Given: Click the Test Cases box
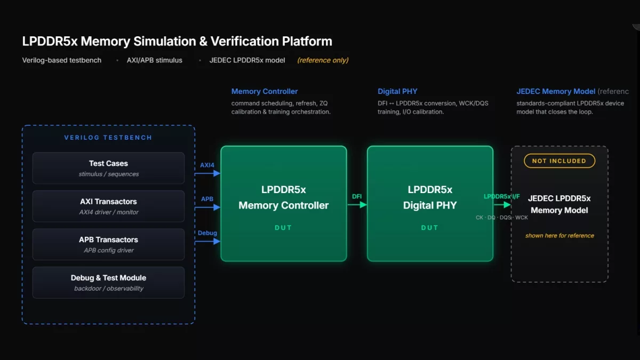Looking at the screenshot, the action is [108, 168].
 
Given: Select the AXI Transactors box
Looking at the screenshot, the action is [108, 206].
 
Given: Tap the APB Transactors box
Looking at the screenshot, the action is [108, 244].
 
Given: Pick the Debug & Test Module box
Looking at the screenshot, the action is [108, 283].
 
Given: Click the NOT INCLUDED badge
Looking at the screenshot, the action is [559, 161].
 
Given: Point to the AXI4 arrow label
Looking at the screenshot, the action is [207, 165].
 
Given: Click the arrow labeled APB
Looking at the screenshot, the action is [207, 207].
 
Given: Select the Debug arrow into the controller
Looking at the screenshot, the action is [207, 242].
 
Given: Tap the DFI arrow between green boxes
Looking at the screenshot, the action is [357, 205].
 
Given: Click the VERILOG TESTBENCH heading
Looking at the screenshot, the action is [108, 138].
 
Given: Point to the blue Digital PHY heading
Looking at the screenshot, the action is [397, 91].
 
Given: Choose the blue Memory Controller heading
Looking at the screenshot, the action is [265, 91].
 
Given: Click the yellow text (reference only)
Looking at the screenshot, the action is [323, 60].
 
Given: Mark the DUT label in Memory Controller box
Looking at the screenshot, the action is [283, 228].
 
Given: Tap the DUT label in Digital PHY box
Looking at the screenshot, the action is [429, 228].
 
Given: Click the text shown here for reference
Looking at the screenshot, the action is [559, 236].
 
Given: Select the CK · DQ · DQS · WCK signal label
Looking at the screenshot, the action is [502, 218].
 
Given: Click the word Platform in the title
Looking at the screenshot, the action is [307, 41].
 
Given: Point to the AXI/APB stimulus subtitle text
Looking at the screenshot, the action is [155, 60].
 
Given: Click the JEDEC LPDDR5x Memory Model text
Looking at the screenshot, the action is [559, 204].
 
